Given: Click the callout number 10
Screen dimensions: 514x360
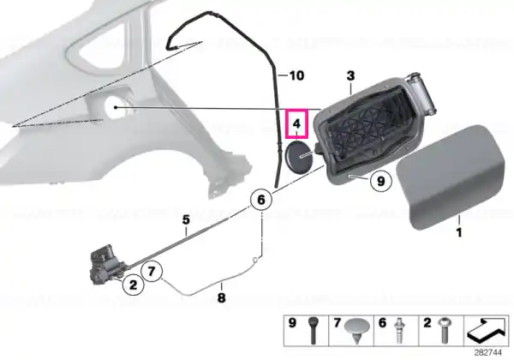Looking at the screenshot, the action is [x=296, y=75].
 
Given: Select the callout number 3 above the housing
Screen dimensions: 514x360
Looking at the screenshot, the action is [x=350, y=75].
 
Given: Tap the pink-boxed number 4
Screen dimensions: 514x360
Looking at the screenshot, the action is [x=296, y=123].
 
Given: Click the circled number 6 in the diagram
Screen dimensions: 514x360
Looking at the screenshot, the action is [x=261, y=200].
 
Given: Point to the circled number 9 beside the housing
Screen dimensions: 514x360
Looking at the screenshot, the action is [x=380, y=181].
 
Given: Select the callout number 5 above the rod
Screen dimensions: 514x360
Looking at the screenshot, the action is [x=186, y=219].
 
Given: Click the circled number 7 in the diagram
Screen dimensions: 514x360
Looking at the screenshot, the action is [x=152, y=271].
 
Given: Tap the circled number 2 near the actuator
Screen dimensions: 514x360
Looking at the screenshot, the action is [x=133, y=285].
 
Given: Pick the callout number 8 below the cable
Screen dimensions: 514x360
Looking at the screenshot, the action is [x=222, y=297].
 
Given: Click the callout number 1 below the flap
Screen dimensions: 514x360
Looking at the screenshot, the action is [x=459, y=232].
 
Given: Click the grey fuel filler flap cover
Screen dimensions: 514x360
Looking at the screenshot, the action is [x=451, y=177].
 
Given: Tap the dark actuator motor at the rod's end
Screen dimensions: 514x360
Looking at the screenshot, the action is [x=106, y=264].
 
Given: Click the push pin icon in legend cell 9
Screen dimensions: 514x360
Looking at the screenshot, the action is [x=313, y=330].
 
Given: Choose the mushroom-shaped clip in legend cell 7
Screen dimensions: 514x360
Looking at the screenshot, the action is [x=357, y=329].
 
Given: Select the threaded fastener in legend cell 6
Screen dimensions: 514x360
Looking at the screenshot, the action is [x=400, y=330].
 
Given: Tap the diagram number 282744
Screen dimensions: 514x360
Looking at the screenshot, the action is [x=487, y=352].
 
